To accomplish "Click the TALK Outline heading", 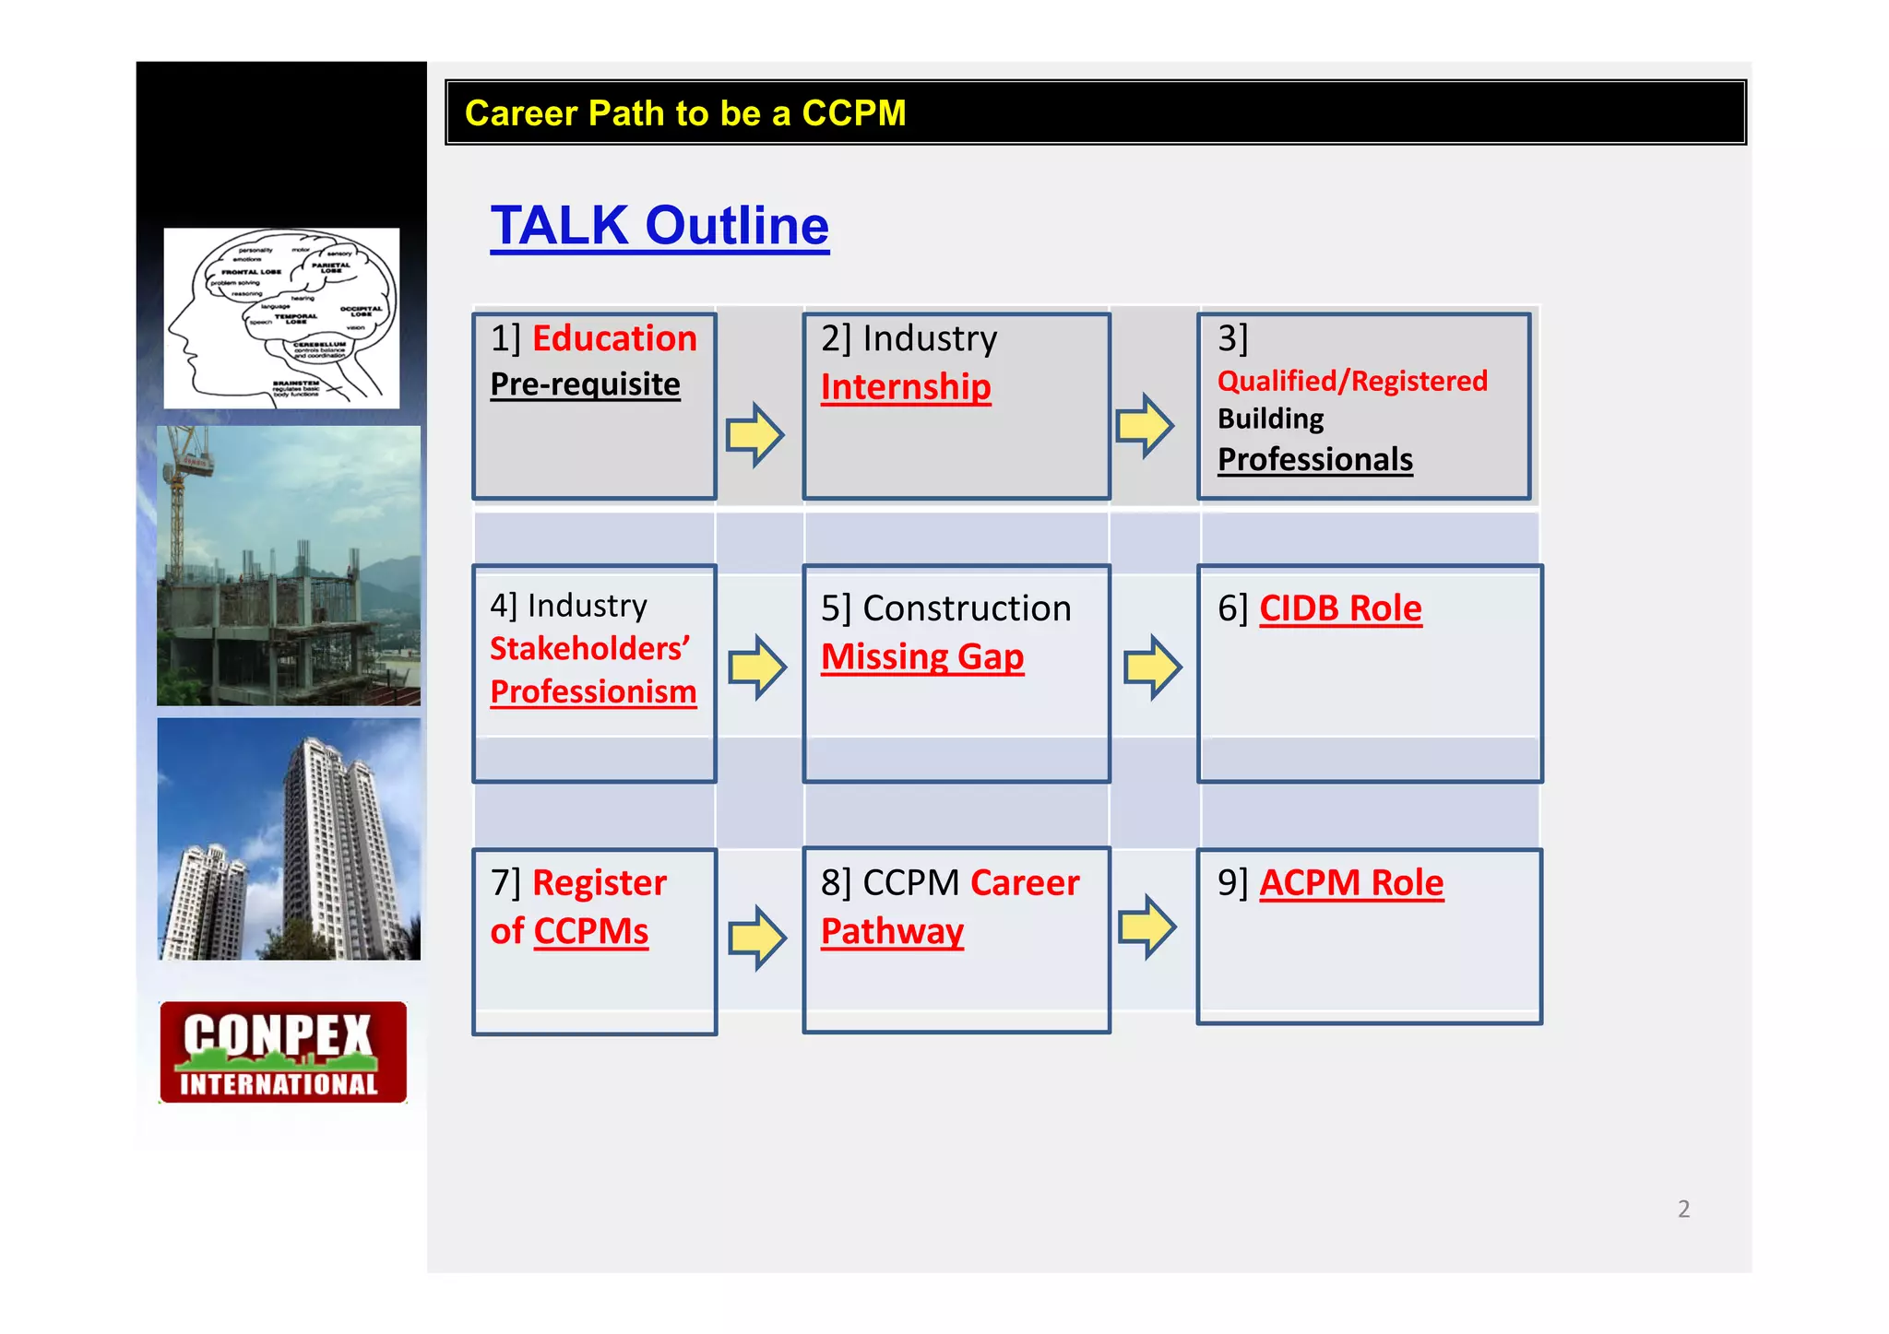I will pos(659,227).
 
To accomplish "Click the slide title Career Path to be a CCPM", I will pos(684,113).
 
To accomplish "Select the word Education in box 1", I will pos(614,338).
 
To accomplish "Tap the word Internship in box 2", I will pos(906,387).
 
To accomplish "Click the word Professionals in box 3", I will pos(1314,459).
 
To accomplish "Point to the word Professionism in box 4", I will pos(593,691).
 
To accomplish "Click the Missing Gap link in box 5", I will pos(922,657).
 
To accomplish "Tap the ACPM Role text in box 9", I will pos(1350,883).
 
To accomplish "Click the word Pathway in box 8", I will pos(892,931).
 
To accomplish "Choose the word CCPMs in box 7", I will pos(590,931).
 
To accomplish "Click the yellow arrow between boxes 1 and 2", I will pos(754,434).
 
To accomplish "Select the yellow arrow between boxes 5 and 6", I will pos(1152,667).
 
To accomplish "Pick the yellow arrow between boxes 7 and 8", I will pos(756,938).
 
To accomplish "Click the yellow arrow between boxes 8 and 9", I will pos(1146,927).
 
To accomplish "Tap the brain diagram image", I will pos(281,318).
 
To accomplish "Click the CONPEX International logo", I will pos(282,1052).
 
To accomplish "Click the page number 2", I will pos(1683,1209).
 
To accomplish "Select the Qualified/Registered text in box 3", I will pos(1351,381).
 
